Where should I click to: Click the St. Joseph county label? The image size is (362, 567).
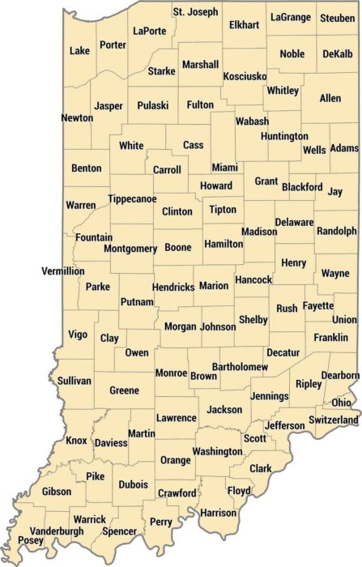coord(195,12)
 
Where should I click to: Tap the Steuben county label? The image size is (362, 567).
coord(336,18)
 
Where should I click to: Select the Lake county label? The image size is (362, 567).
coord(79,51)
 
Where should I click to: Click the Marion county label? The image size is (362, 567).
coord(213,286)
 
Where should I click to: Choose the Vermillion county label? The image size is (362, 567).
coord(63,271)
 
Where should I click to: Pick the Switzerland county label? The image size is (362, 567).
coord(333,420)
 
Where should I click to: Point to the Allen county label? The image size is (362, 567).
coord(330,98)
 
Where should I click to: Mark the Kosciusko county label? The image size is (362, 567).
coord(245,76)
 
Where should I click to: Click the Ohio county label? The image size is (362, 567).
coord(341,403)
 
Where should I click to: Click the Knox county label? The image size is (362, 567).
coord(76,441)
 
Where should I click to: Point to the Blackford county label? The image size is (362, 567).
coord(302,187)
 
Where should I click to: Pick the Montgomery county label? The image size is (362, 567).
coord(130,248)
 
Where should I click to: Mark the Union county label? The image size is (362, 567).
coord(343,319)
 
